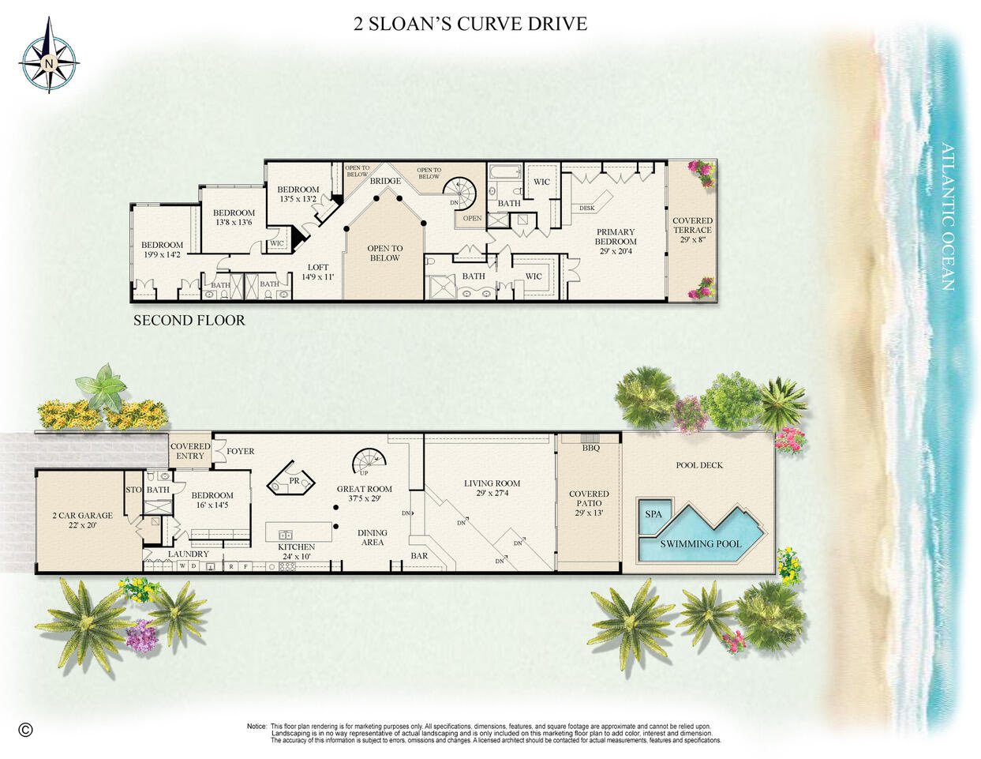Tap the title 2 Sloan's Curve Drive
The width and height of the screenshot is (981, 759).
pos(470,24)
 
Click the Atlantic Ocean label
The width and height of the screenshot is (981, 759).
pos(947,216)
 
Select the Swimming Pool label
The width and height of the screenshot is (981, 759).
pos(701,543)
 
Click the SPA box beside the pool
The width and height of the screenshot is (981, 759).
pos(654,514)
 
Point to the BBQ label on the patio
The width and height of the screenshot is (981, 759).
pos(591,448)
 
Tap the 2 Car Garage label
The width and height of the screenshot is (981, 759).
pos(82,520)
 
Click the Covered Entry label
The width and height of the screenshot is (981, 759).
pos(190,451)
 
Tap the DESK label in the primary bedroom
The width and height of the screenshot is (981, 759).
pos(586,209)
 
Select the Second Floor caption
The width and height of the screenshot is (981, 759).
pos(189,320)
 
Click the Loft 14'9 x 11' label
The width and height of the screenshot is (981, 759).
pos(318,272)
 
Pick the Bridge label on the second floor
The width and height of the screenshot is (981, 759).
pos(385,181)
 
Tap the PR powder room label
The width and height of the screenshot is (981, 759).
pos(294,480)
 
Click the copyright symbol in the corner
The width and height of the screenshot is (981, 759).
pos(26,729)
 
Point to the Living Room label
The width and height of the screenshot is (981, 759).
pos(492,487)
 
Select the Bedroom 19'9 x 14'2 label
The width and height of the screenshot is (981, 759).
pos(162,250)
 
